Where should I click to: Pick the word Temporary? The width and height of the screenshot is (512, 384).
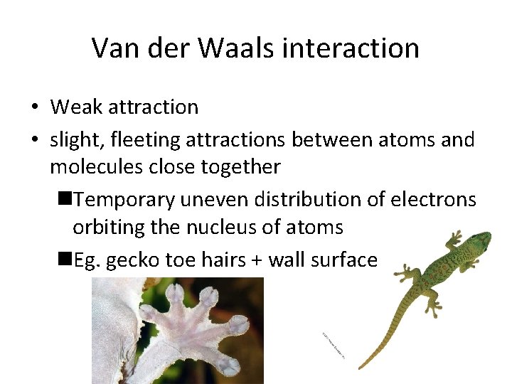tap(124, 200)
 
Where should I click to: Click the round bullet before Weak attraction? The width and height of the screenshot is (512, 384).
tap(35, 108)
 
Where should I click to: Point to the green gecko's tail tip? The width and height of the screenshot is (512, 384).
tap(361, 368)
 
